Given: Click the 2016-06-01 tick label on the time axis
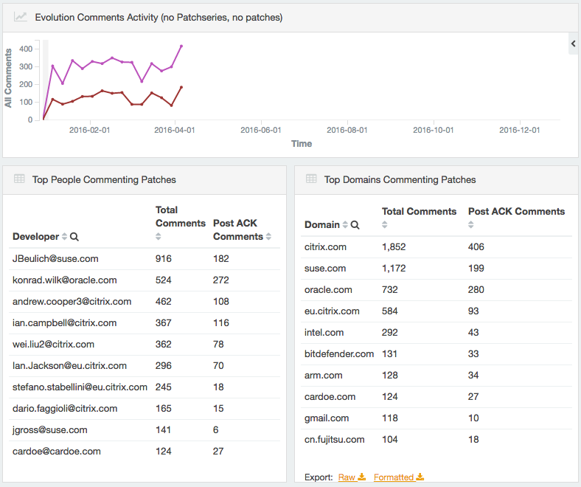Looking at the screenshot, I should (x=261, y=130).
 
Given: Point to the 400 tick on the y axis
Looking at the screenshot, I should (x=25, y=49).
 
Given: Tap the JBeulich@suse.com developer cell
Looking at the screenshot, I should (x=55, y=259).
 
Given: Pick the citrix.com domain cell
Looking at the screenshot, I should (x=325, y=247).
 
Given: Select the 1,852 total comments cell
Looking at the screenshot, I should (x=394, y=247).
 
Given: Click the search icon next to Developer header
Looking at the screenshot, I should (x=74, y=237).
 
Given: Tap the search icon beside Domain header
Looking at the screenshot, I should (x=355, y=225).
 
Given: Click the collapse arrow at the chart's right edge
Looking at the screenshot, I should (x=574, y=44).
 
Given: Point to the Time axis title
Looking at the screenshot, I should (x=302, y=144).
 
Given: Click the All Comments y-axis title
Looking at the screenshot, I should (x=9, y=78).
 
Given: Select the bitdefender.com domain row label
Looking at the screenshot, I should (x=339, y=354).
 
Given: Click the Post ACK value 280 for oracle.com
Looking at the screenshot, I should (x=477, y=290).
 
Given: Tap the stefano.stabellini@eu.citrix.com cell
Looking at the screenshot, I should (x=80, y=387).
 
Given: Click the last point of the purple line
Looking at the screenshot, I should (x=181, y=46).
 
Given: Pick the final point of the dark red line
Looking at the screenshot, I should (x=181, y=87).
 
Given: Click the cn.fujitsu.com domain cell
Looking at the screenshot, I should (x=334, y=440).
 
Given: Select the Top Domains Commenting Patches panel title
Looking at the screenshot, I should (x=400, y=179).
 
